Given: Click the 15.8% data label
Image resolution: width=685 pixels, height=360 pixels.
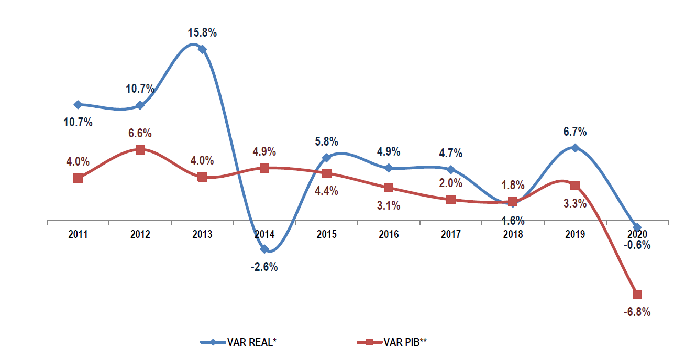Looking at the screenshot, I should pos(202,33).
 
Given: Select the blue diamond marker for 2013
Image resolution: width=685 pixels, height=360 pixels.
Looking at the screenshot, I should pos(202,49).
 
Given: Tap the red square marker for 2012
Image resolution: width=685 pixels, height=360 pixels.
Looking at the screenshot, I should pos(140,149).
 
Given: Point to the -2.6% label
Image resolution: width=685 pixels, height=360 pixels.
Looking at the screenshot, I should pos(264,267).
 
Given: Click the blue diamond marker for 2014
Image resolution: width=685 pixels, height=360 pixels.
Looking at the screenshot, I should pos(264,249).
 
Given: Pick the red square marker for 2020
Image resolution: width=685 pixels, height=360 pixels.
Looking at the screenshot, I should pos(637,294).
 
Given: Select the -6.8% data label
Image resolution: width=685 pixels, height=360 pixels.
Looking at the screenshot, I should pos(636,312).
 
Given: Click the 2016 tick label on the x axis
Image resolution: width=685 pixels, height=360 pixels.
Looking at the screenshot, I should pos(389,234).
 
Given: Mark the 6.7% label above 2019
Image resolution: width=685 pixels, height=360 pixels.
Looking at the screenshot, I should pos(574,131).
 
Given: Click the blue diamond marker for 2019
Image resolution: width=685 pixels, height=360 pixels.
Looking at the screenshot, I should pos(575,148).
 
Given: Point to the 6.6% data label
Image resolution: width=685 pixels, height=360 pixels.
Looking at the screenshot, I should pos(140,133).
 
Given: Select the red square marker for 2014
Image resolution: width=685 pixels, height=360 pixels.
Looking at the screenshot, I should pos(264,168).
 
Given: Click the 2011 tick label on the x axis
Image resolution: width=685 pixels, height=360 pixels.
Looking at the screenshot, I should pos(78,234).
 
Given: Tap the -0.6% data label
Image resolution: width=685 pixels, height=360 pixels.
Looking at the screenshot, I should pos(636,245).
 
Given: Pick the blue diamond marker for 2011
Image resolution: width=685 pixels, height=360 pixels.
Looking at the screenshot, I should pos(78,105).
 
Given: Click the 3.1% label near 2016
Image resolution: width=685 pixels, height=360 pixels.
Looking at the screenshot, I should pos(389,205).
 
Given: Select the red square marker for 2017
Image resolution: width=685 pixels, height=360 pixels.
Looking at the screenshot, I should pos(450,200).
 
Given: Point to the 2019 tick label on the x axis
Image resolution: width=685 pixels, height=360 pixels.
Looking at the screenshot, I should pos(574,234).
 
